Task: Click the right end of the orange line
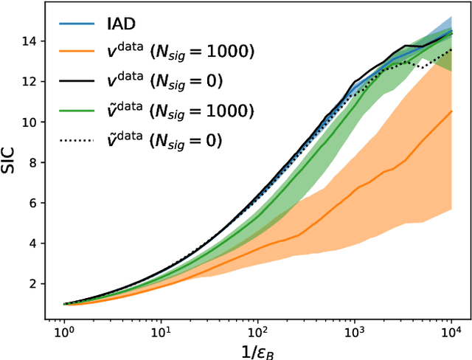tap(451, 111)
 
